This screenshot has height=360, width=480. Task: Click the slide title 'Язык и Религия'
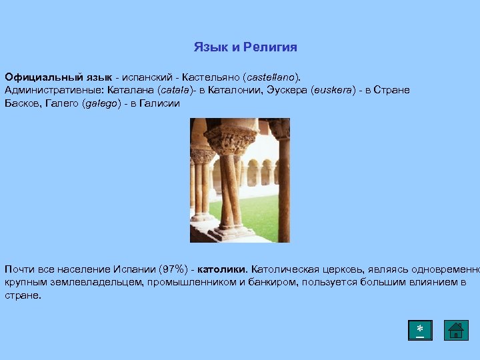245,47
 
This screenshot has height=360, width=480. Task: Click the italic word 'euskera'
332,90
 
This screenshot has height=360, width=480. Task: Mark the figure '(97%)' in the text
175,269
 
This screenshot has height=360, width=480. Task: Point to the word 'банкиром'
276,282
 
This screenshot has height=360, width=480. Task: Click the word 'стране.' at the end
23,295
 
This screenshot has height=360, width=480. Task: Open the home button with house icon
456,330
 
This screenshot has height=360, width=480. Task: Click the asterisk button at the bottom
420,330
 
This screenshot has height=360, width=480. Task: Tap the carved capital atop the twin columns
231,141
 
